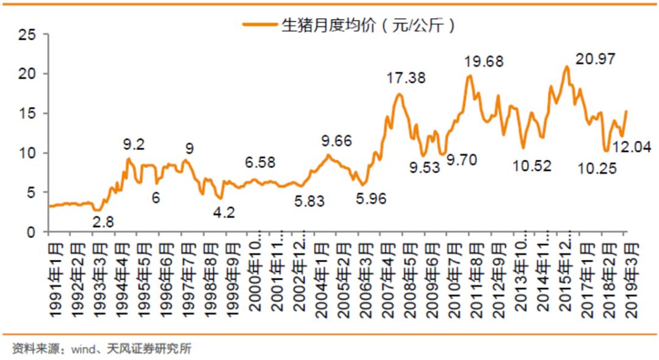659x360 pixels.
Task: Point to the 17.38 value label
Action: pyautogui.click(x=406, y=78)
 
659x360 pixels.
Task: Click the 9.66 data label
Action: pyautogui.click(x=336, y=141)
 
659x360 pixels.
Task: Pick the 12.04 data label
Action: pyautogui.click(x=631, y=147)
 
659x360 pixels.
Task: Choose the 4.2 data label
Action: pyautogui.click(x=223, y=212)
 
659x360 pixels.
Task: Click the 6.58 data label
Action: pyautogui.click(x=260, y=163)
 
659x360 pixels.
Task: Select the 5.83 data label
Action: pyautogui.click(x=309, y=200)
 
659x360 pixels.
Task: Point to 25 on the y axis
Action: pyautogui.click(x=26, y=35)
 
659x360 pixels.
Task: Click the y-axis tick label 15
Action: pyautogui.click(x=26, y=113)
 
